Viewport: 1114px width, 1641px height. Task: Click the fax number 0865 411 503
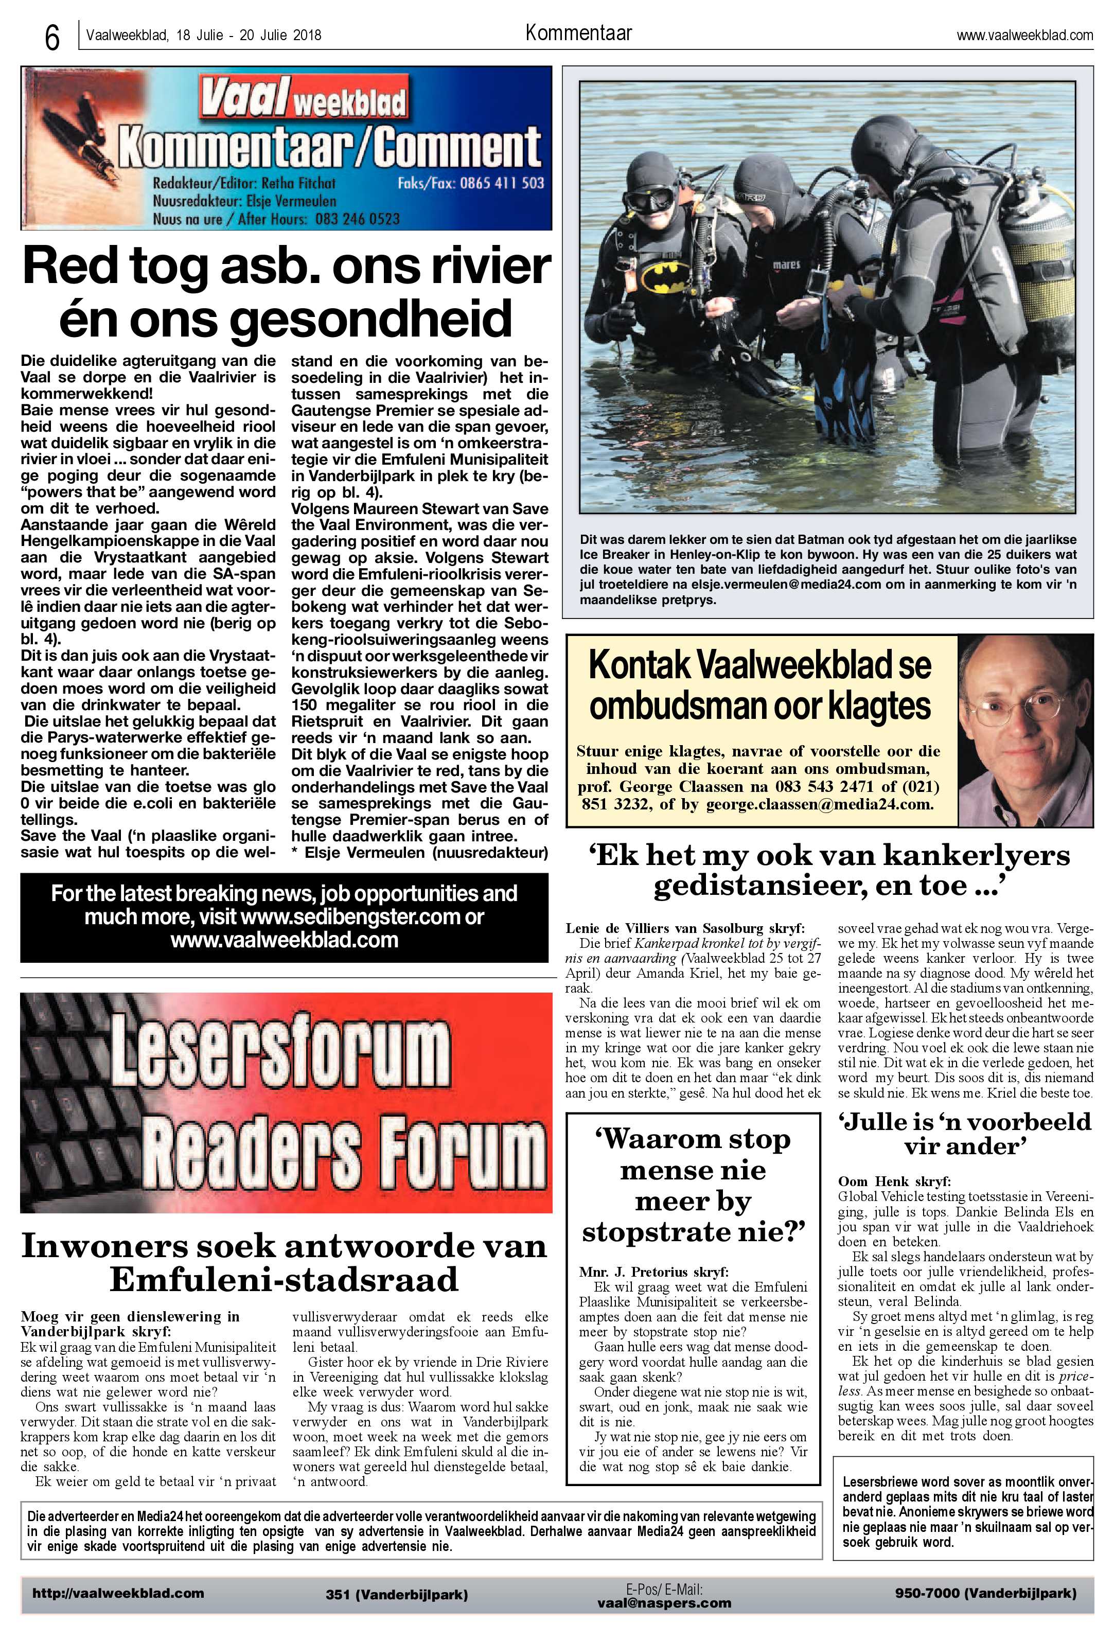(502, 183)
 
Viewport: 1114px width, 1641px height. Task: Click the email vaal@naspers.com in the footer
(664, 1603)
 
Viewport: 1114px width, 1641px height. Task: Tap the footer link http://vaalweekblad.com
(118, 1593)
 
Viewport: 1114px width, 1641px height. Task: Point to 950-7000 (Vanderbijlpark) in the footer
(985, 1593)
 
